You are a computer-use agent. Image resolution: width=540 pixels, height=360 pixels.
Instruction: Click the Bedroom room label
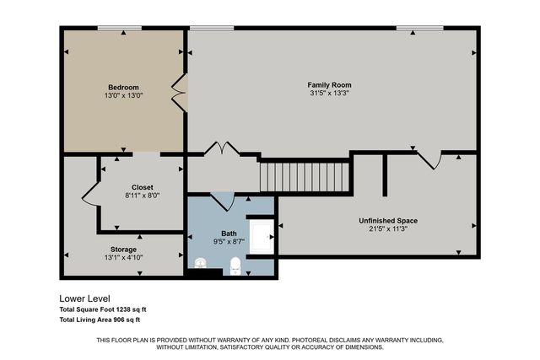pos(123,87)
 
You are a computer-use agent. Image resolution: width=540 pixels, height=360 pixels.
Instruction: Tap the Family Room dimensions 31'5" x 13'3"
pos(329,94)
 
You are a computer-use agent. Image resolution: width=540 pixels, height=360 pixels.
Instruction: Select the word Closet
pos(142,186)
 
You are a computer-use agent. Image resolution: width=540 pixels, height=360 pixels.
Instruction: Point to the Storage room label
pos(123,250)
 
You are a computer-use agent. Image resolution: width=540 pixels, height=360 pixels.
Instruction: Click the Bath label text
pos(229,233)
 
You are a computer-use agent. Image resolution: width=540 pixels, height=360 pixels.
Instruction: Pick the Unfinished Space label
pos(388,221)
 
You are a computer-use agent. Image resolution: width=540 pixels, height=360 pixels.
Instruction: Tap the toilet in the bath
pos(235,266)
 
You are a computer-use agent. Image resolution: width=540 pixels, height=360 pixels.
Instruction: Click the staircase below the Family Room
pos(304,177)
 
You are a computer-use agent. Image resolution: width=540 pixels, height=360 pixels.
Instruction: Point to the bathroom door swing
pos(222,202)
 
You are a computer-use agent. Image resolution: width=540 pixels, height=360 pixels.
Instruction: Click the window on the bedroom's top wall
pos(119,28)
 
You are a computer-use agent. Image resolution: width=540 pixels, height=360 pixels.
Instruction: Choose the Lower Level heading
pos(84,298)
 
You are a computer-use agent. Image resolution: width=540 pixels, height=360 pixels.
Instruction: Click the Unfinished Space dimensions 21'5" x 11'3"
pos(388,229)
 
